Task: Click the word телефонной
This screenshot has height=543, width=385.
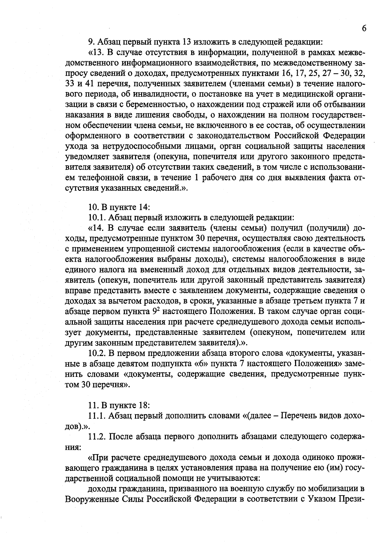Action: coord(103,177)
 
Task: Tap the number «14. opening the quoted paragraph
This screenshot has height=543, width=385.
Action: coord(96,228)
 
